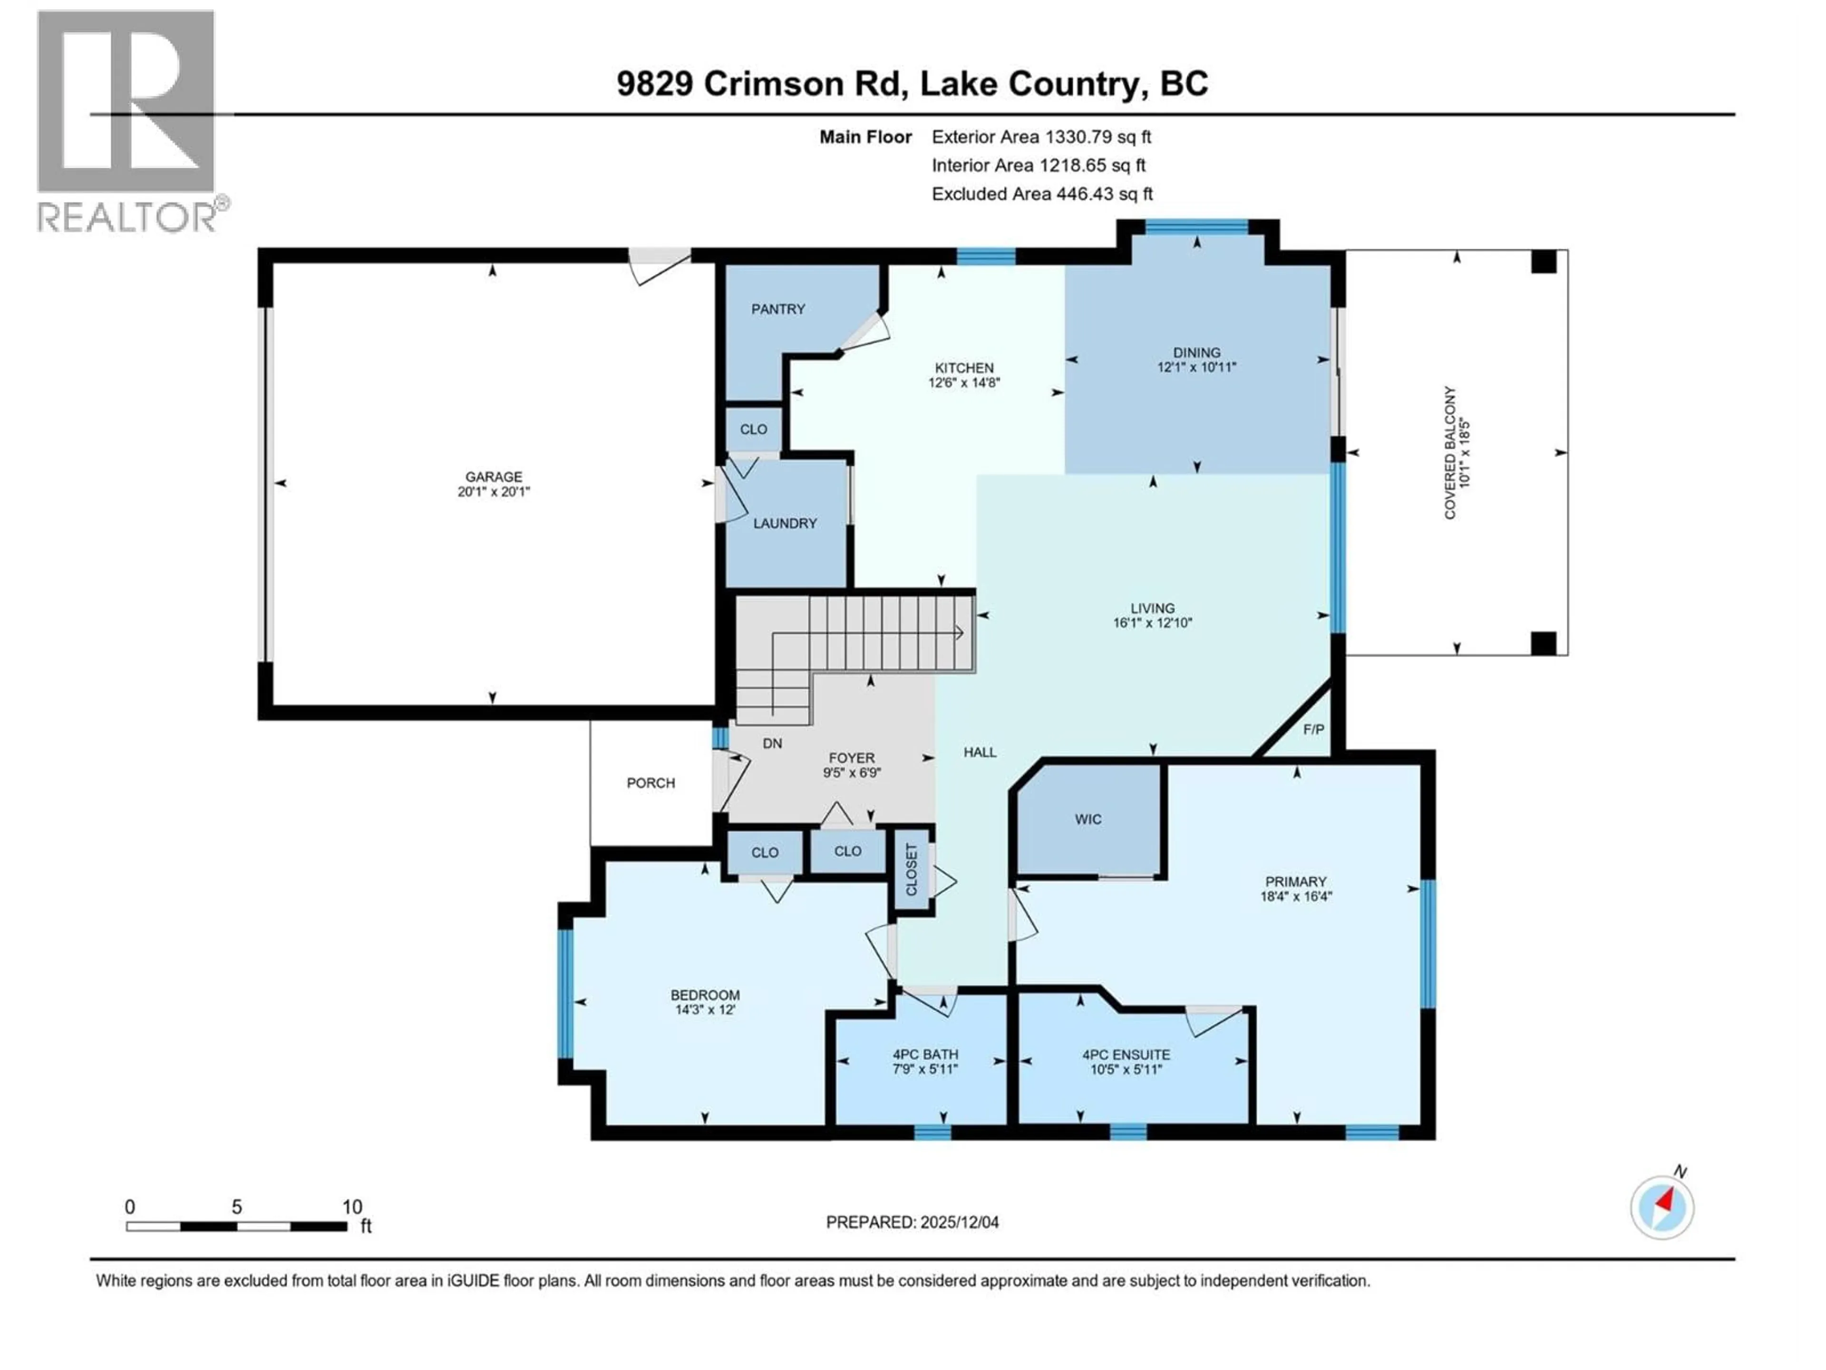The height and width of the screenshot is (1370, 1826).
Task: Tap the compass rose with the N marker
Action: pos(1662,1207)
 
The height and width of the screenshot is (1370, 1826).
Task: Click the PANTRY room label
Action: pos(777,309)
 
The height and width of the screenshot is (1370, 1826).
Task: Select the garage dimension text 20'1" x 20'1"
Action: pos(494,491)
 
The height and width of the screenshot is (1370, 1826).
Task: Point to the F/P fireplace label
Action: pos(1313,729)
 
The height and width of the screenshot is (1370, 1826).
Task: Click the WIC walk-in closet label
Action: pos(1088,819)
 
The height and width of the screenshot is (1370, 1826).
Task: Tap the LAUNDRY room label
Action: pos(784,524)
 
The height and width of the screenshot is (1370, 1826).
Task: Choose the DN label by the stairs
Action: pos(772,743)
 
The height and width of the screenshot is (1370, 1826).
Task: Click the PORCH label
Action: pos(651,783)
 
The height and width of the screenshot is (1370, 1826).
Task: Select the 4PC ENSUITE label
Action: pos(1126,1055)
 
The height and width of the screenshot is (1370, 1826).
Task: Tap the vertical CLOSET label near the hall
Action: pos(912,870)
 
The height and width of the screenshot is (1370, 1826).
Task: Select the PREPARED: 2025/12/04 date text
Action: pos(912,1222)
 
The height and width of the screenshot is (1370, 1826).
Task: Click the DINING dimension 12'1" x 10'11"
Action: pos(1196,368)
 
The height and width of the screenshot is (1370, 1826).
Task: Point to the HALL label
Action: pos(980,752)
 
